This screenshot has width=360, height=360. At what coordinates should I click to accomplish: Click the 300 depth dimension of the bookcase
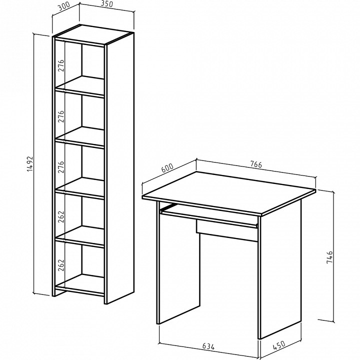pos(64,7)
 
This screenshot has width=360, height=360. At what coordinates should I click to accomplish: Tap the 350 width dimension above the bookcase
pos(106,4)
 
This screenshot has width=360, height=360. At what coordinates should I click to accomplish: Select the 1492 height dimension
pos(30,164)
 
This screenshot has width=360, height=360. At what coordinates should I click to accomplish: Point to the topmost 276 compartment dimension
pos(61,65)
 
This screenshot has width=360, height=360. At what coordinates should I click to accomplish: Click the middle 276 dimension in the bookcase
pos(61,116)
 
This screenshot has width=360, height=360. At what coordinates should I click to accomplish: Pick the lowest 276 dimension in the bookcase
pos(61,167)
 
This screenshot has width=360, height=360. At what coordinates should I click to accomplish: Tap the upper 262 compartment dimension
pos(61,216)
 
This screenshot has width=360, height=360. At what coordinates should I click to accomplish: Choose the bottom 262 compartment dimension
pos(61,265)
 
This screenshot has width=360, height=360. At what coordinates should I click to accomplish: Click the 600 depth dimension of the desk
pos(167,168)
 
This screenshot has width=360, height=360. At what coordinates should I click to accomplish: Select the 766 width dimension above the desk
pos(256,164)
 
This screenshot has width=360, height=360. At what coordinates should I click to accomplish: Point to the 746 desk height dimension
pos(329,257)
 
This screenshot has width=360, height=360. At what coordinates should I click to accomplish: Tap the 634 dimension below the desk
pos(208,346)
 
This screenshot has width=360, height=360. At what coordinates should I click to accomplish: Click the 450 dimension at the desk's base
pos(279,345)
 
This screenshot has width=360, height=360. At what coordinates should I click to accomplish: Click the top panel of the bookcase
pos(93,34)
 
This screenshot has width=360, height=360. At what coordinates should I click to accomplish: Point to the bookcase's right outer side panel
pos(119,168)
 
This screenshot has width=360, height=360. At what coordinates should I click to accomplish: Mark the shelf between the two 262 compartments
pos(80,237)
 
